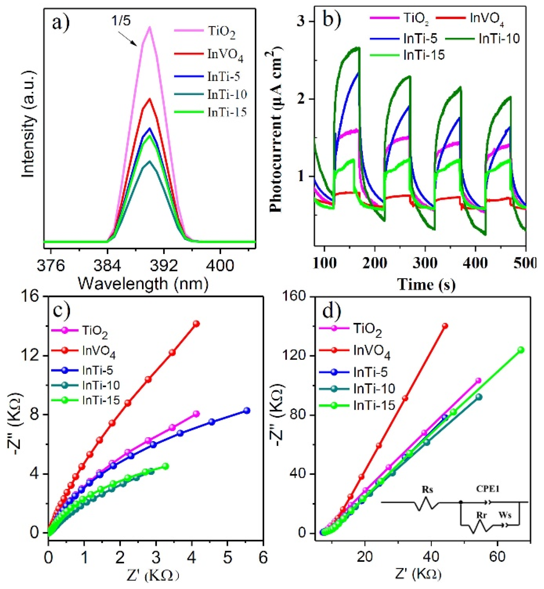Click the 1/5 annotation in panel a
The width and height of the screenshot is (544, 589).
pyautogui.click(x=121, y=21)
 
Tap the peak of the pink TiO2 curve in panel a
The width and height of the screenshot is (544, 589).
pyautogui.click(x=150, y=27)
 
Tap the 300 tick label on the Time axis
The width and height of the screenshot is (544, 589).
pyautogui.click(x=425, y=263)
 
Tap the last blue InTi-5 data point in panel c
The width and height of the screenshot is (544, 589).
pyautogui.click(x=247, y=410)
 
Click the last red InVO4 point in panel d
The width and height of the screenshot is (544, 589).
pyautogui.click(x=445, y=326)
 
